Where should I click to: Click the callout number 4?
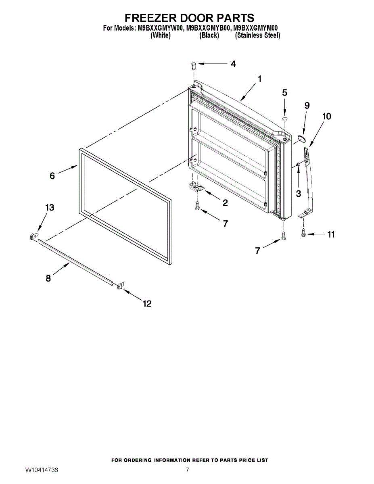click(x=233, y=64)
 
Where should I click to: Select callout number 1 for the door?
click(x=259, y=79)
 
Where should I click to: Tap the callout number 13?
click(x=49, y=208)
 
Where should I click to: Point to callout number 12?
click(x=147, y=304)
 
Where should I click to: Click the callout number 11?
click(x=331, y=234)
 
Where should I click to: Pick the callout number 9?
click(x=307, y=106)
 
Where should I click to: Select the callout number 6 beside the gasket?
click(x=52, y=176)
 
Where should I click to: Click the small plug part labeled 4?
click(x=193, y=65)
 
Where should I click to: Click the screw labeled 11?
click(x=303, y=233)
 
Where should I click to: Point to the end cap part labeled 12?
click(x=119, y=286)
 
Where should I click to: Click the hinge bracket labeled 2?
click(x=196, y=186)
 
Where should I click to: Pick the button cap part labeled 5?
click(x=284, y=119)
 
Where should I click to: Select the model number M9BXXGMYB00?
click(x=209, y=28)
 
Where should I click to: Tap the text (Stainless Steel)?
click(x=257, y=35)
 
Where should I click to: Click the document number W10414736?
click(x=42, y=470)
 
